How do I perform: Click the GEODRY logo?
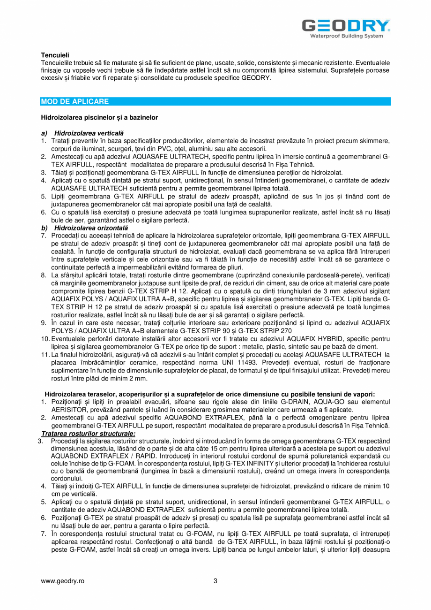click(346, 25)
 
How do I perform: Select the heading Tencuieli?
click(55, 55)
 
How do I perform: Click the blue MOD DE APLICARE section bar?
click(215, 101)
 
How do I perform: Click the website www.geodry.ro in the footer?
click(62, 581)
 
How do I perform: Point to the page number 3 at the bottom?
click(215, 581)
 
